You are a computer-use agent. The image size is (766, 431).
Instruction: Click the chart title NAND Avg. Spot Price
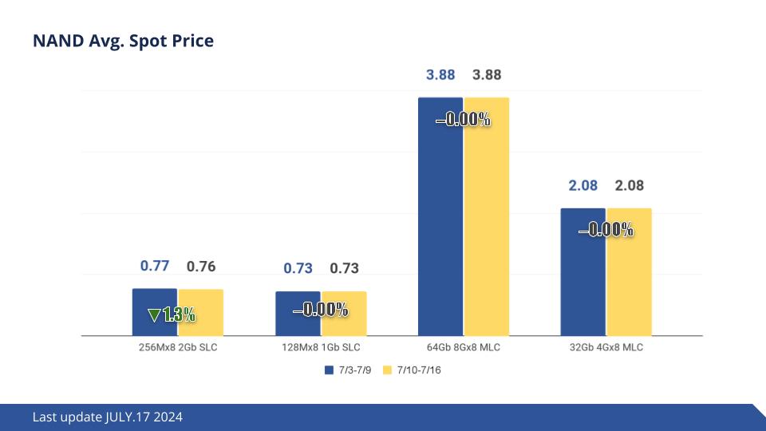click(x=123, y=41)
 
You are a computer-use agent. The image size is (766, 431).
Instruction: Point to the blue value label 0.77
click(x=154, y=267)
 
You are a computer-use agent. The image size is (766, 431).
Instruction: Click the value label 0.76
click(x=201, y=267)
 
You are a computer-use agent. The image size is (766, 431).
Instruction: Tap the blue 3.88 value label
click(x=440, y=75)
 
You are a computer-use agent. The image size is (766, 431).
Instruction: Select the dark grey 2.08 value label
click(x=629, y=186)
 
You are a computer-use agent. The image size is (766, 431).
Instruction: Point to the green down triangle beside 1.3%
click(x=154, y=315)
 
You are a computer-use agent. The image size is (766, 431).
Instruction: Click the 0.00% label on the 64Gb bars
click(x=463, y=121)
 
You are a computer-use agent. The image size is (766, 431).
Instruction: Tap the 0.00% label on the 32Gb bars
click(x=606, y=231)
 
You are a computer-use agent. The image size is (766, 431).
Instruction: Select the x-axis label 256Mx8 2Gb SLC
click(x=177, y=348)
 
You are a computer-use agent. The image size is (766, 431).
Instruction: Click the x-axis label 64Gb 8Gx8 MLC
click(x=463, y=348)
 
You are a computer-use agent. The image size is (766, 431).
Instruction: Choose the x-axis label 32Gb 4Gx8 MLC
click(x=606, y=348)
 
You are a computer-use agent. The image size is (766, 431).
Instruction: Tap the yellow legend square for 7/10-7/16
click(x=389, y=370)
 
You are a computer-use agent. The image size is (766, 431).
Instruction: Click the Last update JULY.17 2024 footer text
click(x=108, y=417)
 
